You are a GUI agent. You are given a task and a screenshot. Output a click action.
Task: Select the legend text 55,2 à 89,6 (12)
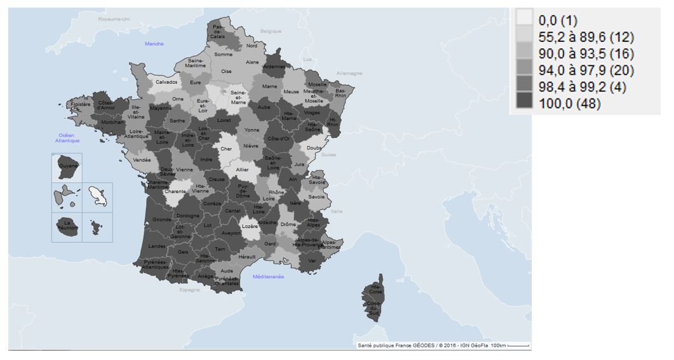pos(586,36)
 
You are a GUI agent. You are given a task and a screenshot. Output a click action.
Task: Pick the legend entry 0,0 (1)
pos(557,19)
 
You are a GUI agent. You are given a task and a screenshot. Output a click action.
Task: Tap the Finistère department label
pos(81,104)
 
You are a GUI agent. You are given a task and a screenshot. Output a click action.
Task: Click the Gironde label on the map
pos(161,220)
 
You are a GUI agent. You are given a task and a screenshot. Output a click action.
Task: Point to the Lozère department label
pos(250,227)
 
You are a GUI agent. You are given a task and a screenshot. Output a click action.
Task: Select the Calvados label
pos(166,82)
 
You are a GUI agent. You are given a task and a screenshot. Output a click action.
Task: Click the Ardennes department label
pos(274,67)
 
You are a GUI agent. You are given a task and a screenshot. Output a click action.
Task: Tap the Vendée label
pos(142,160)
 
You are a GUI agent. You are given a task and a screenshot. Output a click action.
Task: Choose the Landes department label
pos(156,246)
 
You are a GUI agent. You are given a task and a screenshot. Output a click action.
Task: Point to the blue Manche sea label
pos(154,44)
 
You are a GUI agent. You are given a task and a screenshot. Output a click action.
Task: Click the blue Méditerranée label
pos(268,277)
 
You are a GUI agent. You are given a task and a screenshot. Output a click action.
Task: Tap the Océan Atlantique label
pos(67,138)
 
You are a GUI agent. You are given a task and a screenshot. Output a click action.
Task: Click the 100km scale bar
pos(518,345)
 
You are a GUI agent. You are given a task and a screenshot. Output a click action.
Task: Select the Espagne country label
pos(189,290)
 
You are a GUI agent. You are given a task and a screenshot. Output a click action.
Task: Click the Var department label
pos(311,261)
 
